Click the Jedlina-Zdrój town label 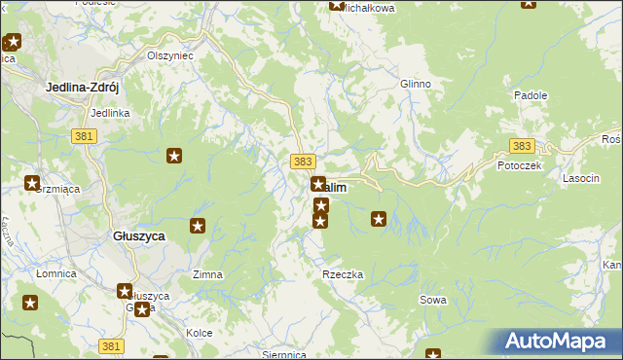82,88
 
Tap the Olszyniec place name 170,55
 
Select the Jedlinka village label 110,113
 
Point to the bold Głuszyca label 137,236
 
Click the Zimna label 207,274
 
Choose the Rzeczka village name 343,274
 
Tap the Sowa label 433,300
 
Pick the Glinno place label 415,84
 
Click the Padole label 531,96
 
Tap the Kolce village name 199,333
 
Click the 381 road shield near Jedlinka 84,137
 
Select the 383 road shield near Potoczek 522,146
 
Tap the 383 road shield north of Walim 302,161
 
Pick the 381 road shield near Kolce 111,345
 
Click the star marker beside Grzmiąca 31,184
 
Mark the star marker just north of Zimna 198,227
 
